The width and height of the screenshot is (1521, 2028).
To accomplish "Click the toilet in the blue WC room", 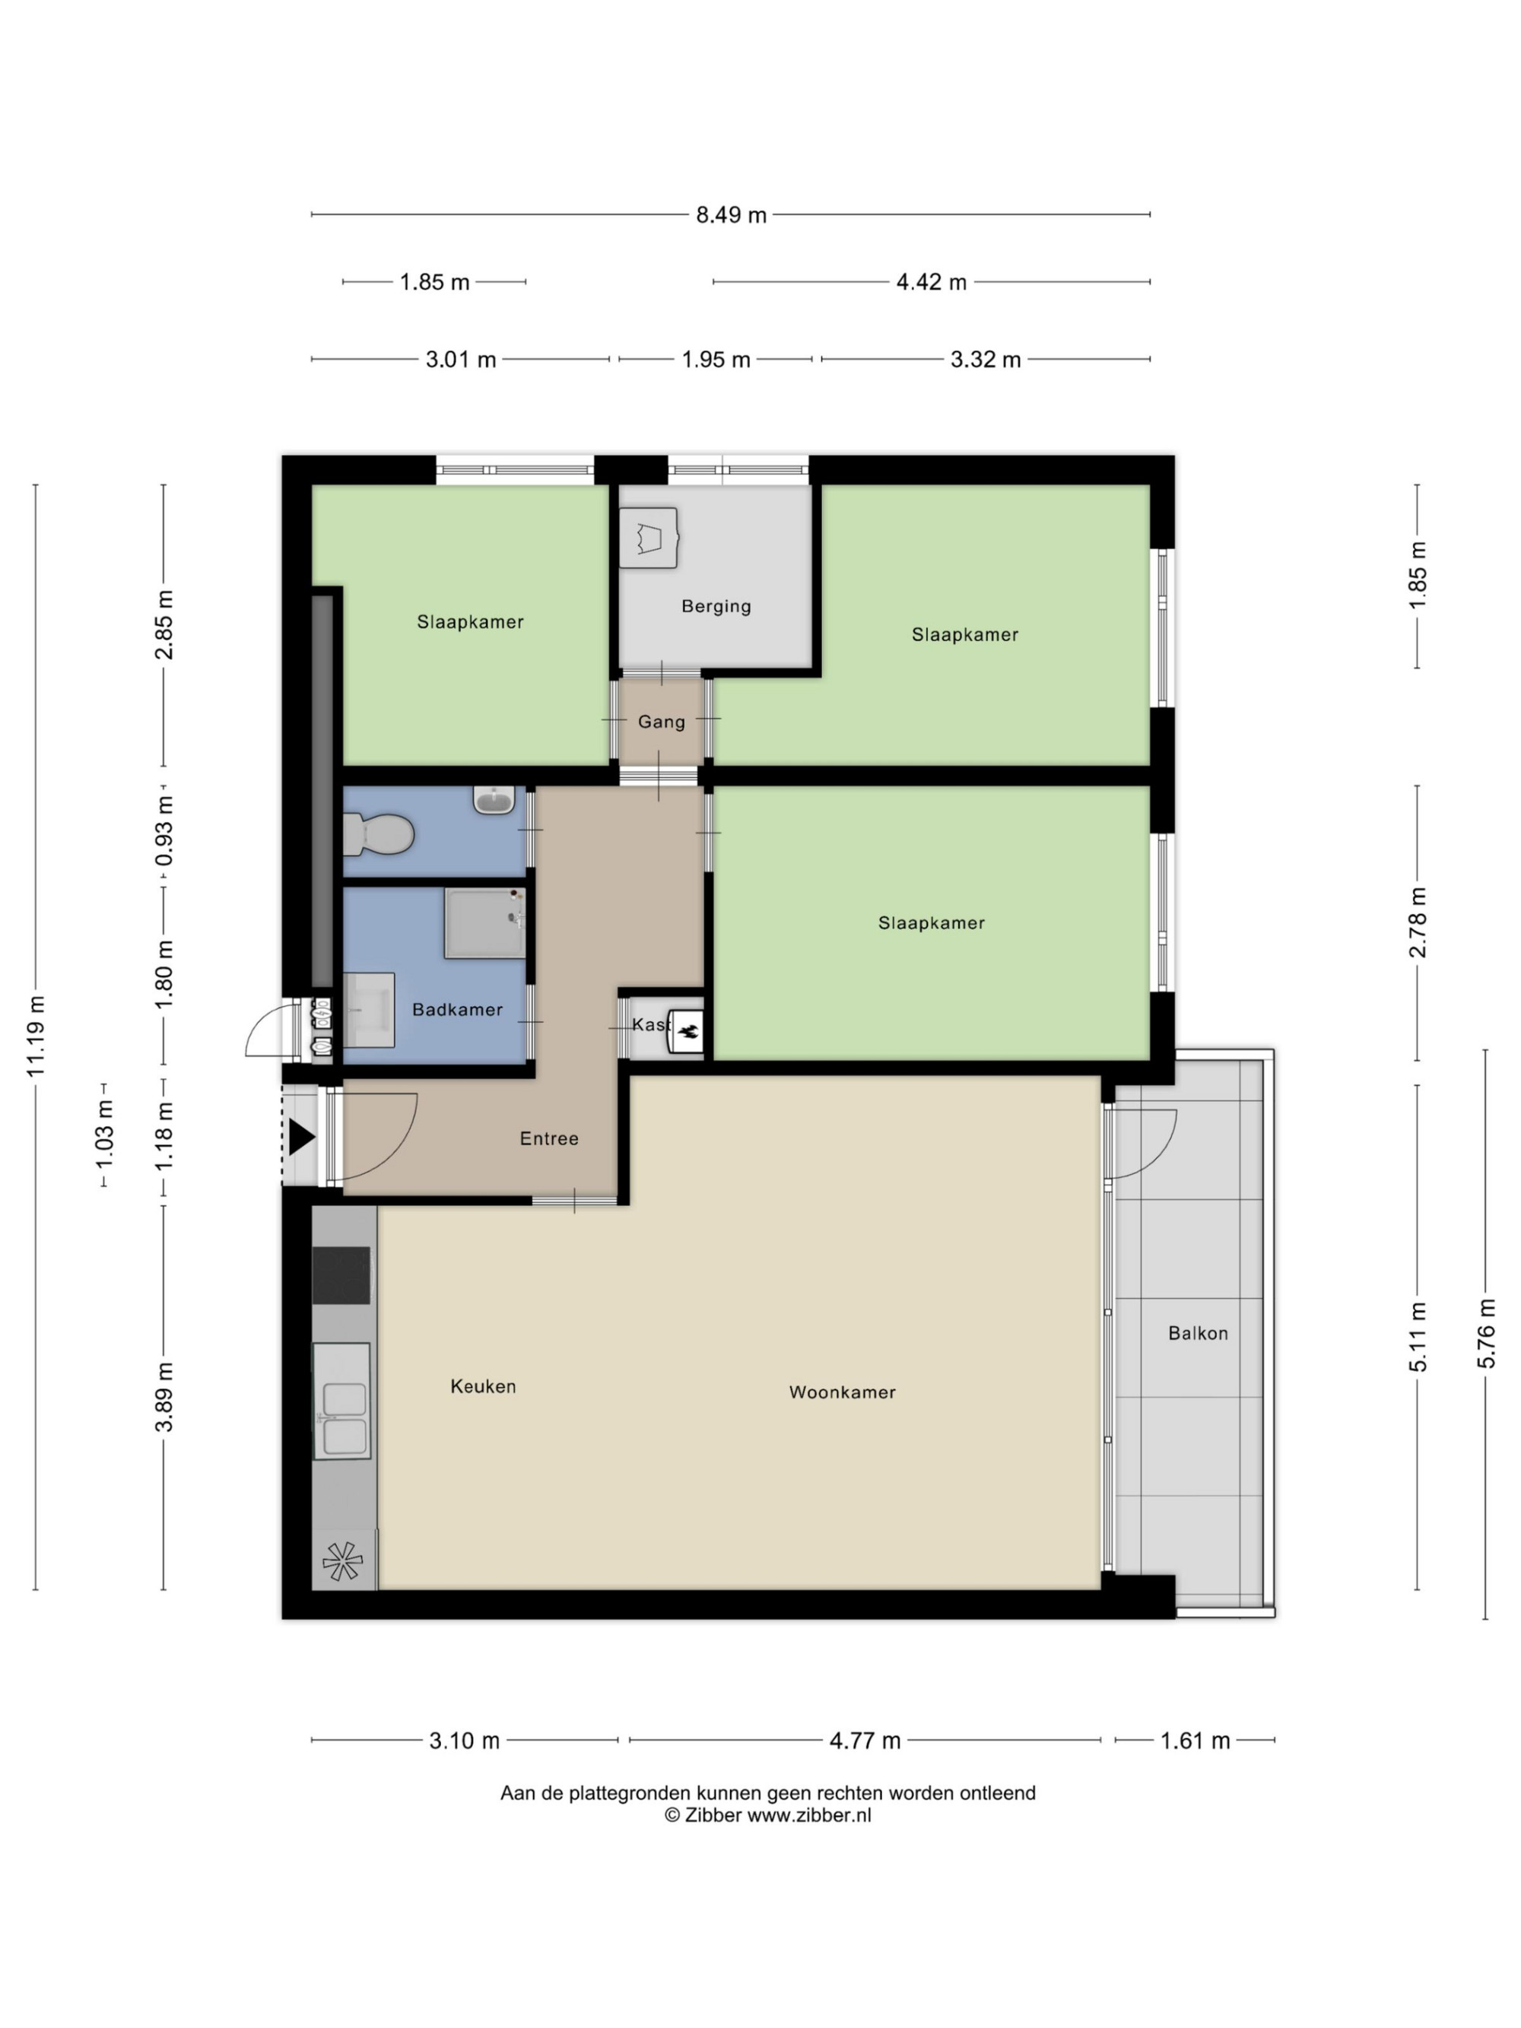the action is point(378,833).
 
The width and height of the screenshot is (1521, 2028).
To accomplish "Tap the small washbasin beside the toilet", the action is point(494,799).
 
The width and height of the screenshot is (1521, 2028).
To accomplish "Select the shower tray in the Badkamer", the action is point(485,922).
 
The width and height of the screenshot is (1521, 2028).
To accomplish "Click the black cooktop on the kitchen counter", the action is point(341,1274).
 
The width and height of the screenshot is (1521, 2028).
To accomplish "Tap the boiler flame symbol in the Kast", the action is point(687,1031).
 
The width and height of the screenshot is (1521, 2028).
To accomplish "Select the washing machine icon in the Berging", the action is point(648,538).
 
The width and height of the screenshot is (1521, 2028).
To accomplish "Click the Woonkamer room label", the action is point(842,1392).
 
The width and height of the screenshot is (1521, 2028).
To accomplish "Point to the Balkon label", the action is point(1197,1333).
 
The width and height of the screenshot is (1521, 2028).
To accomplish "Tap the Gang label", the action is point(661,722).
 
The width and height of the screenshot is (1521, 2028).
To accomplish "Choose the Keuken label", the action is point(483,1386).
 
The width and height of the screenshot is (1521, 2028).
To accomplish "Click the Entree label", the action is point(549,1138).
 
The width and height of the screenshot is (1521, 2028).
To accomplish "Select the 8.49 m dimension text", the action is point(731,214).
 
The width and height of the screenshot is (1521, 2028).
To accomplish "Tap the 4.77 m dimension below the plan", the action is point(865,1740).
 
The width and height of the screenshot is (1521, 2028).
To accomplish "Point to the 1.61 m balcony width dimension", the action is point(1195,1740).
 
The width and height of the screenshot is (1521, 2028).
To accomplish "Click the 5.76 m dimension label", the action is point(1486,1333).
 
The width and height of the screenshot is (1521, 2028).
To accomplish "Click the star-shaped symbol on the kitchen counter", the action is point(342,1560).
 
